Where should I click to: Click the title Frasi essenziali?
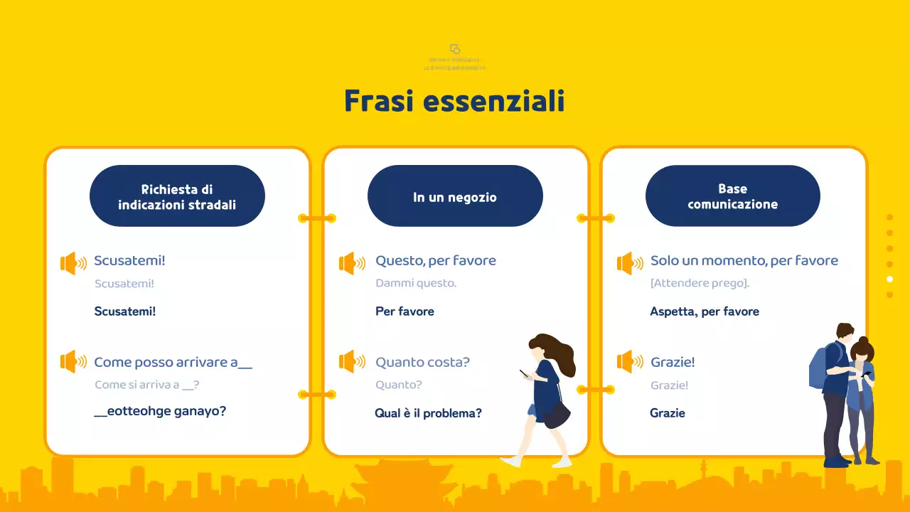(454, 101)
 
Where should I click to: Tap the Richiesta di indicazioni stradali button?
(177, 196)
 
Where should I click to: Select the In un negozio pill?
(455, 197)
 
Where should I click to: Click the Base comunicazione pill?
(732, 196)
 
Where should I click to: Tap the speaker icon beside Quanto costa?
(352, 362)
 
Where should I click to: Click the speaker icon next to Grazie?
(629, 362)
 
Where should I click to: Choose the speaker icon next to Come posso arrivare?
(73, 362)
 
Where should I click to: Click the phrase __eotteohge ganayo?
(160, 411)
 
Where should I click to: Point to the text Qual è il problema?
(428, 413)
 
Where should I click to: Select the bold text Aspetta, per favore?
(705, 311)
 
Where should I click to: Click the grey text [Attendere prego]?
(700, 283)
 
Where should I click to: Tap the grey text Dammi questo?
(416, 283)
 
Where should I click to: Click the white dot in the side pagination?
(889, 279)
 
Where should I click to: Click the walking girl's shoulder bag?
(556, 415)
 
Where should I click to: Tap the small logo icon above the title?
(455, 49)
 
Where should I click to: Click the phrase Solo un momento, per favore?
(744, 260)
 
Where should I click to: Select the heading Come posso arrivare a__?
(173, 362)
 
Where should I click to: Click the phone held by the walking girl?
(524, 373)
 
